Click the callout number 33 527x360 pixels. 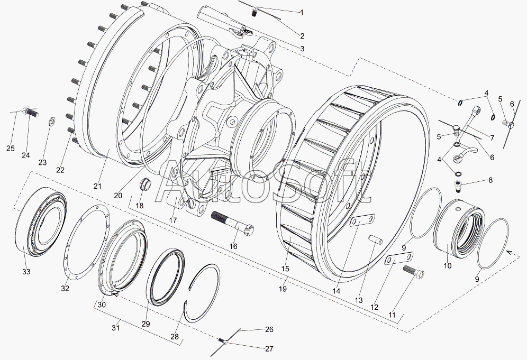point(26,271)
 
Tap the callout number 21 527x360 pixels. point(97,186)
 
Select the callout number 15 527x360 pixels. point(285,269)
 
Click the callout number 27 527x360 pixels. point(269,349)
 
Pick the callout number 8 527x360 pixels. point(490,180)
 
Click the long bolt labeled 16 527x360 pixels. point(232,223)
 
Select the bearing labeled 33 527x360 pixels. point(41,221)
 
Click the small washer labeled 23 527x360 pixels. point(52,121)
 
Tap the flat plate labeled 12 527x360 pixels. point(399,259)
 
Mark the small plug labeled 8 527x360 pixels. point(458,186)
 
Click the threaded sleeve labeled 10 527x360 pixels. point(459,229)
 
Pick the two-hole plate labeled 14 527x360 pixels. point(362,220)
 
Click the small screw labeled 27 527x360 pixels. point(222,341)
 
